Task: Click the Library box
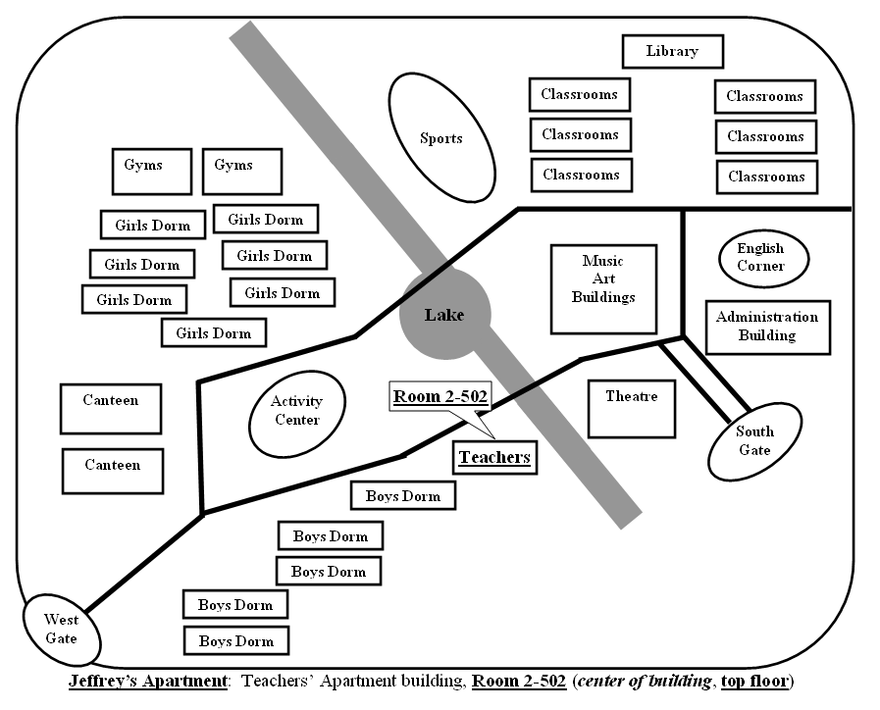(672, 51)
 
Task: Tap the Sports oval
(441, 137)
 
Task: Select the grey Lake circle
(444, 315)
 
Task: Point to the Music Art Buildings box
(602, 288)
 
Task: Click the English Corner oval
(760, 258)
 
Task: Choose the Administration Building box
(767, 327)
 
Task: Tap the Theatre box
(631, 407)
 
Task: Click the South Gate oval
(754, 440)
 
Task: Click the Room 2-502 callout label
(440, 397)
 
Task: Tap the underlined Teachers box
(494, 457)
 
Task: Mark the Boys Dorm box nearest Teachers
(402, 495)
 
